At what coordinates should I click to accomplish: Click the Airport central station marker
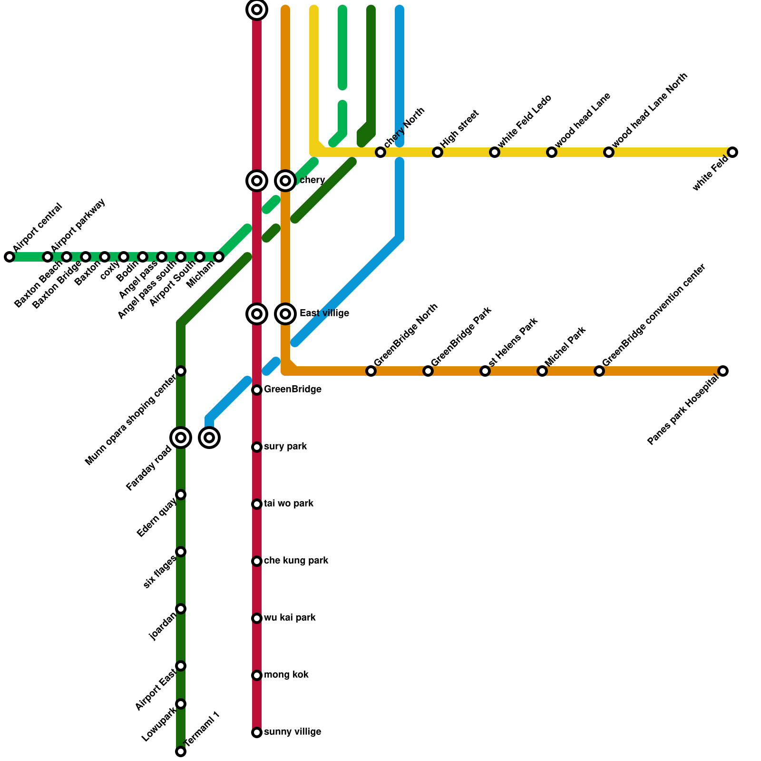10,257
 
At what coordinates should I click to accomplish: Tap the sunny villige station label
292,732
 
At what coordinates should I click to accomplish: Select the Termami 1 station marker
181,751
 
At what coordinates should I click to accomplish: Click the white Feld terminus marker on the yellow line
732,152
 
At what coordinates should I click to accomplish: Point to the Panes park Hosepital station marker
723,371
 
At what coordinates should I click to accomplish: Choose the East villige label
324,313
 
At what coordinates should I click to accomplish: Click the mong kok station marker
257,675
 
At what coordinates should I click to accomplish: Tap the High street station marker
438,152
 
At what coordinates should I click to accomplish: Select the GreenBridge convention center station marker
599,371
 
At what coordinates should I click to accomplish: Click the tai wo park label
288,504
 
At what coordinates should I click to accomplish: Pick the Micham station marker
219,257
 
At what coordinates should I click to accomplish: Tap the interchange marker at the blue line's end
209,438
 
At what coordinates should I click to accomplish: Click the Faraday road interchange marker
181,438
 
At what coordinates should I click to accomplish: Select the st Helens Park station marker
485,371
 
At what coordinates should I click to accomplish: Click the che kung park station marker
257,561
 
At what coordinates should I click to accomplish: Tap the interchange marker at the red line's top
257,10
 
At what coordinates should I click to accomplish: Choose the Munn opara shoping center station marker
181,371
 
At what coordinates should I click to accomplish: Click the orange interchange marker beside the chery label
285,181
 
